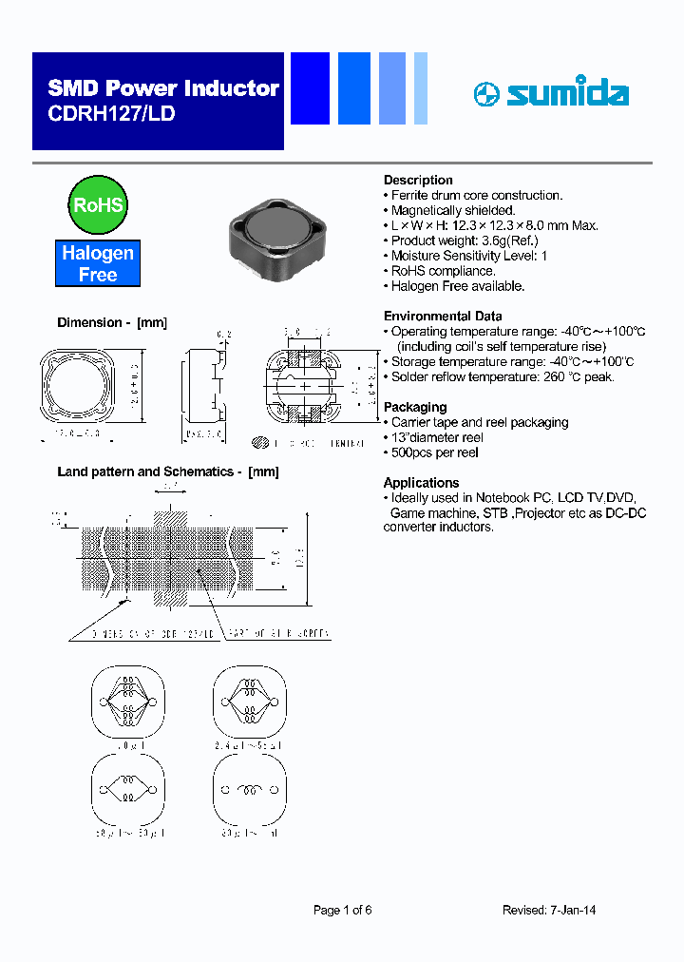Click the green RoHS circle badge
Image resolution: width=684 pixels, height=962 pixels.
pyautogui.click(x=97, y=204)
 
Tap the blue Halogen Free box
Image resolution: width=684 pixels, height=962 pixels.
pyautogui.click(x=97, y=263)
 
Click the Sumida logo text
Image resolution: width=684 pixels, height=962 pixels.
pyautogui.click(x=566, y=93)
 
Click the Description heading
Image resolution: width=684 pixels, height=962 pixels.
pyautogui.click(x=418, y=180)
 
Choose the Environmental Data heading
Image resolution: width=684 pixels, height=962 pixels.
pyautogui.click(x=443, y=316)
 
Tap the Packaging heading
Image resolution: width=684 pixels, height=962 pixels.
pyautogui.click(x=415, y=407)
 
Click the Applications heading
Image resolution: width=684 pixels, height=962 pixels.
pyautogui.click(x=421, y=482)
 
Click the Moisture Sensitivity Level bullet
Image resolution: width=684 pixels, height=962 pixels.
pyautogui.click(x=468, y=256)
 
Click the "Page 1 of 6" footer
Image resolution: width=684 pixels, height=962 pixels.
pyautogui.click(x=343, y=910)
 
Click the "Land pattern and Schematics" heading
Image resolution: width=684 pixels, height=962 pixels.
pyautogui.click(x=168, y=471)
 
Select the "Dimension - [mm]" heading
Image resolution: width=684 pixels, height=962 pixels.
pyautogui.click(x=112, y=322)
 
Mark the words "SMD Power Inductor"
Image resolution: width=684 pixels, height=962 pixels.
pyautogui.click(x=163, y=88)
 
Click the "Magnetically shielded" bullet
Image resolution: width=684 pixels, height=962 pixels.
pyautogui.click(x=453, y=210)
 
